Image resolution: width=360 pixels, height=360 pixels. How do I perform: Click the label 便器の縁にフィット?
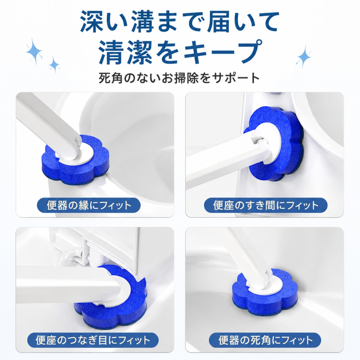[89, 205]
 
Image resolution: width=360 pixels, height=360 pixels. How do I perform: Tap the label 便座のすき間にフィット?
[266, 205]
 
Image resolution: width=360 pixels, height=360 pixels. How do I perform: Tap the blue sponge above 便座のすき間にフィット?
[274, 144]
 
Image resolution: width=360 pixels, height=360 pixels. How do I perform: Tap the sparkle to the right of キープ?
[304, 57]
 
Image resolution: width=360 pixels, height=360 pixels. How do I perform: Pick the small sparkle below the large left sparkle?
[54, 64]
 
